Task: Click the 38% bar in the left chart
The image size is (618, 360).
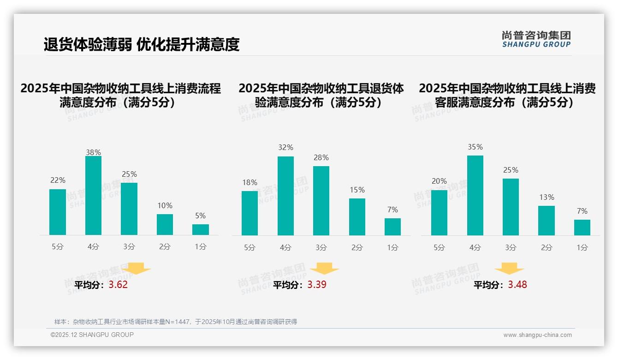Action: (x=93, y=196)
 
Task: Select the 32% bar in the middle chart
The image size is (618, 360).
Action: (x=285, y=196)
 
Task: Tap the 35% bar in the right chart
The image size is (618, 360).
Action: (x=475, y=195)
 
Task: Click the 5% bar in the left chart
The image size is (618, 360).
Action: (x=201, y=229)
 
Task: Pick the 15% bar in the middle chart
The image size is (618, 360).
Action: (x=357, y=216)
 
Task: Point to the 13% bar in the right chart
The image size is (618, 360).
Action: (x=547, y=220)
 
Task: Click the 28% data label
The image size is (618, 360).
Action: (x=321, y=158)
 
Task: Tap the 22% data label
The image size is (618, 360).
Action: (x=58, y=180)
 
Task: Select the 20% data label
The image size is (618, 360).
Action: (x=439, y=181)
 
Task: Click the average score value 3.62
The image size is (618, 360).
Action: (x=118, y=285)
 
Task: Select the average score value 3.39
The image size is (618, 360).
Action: (x=317, y=285)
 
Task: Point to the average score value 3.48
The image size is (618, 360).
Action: (x=517, y=285)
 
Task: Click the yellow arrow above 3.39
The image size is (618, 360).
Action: (x=324, y=269)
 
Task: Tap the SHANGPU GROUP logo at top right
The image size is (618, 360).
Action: (x=536, y=39)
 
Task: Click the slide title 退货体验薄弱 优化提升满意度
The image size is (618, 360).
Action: (x=142, y=44)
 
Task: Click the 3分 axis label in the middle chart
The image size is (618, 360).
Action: (x=321, y=247)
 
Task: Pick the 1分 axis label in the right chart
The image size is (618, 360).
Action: (x=582, y=247)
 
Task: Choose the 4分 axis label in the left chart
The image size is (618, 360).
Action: (x=93, y=246)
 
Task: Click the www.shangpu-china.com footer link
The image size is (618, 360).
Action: (x=537, y=335)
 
